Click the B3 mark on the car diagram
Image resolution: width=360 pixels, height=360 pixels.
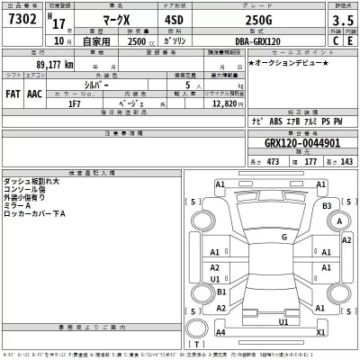pyautogui.click(x=328, y=206)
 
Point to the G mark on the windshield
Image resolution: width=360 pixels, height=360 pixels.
pyautogui.click(x=283, y=237)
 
